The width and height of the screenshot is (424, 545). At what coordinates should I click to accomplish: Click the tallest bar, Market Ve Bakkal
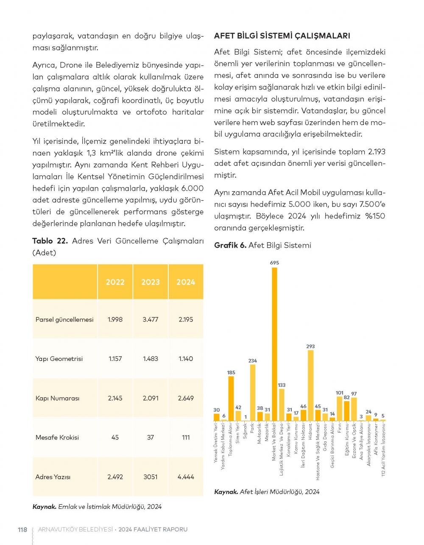[274, 344]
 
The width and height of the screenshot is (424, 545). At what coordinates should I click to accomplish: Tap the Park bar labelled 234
[253, 392]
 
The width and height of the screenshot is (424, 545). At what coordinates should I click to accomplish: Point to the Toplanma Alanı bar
[231, 398]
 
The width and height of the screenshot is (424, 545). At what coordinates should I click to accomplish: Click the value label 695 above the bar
[274, 263]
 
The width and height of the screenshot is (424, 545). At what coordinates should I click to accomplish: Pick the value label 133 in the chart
[282, 385]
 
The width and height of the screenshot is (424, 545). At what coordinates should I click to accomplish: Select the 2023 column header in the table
[151, 282]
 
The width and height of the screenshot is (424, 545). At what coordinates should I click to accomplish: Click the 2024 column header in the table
[186, 282]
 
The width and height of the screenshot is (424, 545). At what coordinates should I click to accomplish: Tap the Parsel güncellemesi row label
[64, 319]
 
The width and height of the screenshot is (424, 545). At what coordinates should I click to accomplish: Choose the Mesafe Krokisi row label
[57, 437]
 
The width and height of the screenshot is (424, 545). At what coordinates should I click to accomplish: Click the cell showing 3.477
[151, 319]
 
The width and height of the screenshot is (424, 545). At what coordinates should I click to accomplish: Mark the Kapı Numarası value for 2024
[186, 398]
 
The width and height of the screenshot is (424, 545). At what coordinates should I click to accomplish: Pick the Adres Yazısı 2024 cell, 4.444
[186, 477]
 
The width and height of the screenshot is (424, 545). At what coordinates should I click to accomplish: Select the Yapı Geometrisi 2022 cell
[115, 359]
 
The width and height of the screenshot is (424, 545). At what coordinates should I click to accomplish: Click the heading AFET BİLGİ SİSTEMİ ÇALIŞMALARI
[282, 36]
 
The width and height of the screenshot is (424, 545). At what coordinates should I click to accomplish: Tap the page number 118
[22, 529]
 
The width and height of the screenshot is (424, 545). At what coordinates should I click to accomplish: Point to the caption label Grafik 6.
[230, 245]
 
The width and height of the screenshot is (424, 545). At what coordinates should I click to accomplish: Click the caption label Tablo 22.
[50, 241]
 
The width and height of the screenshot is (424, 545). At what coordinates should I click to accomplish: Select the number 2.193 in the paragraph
[377, 152]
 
